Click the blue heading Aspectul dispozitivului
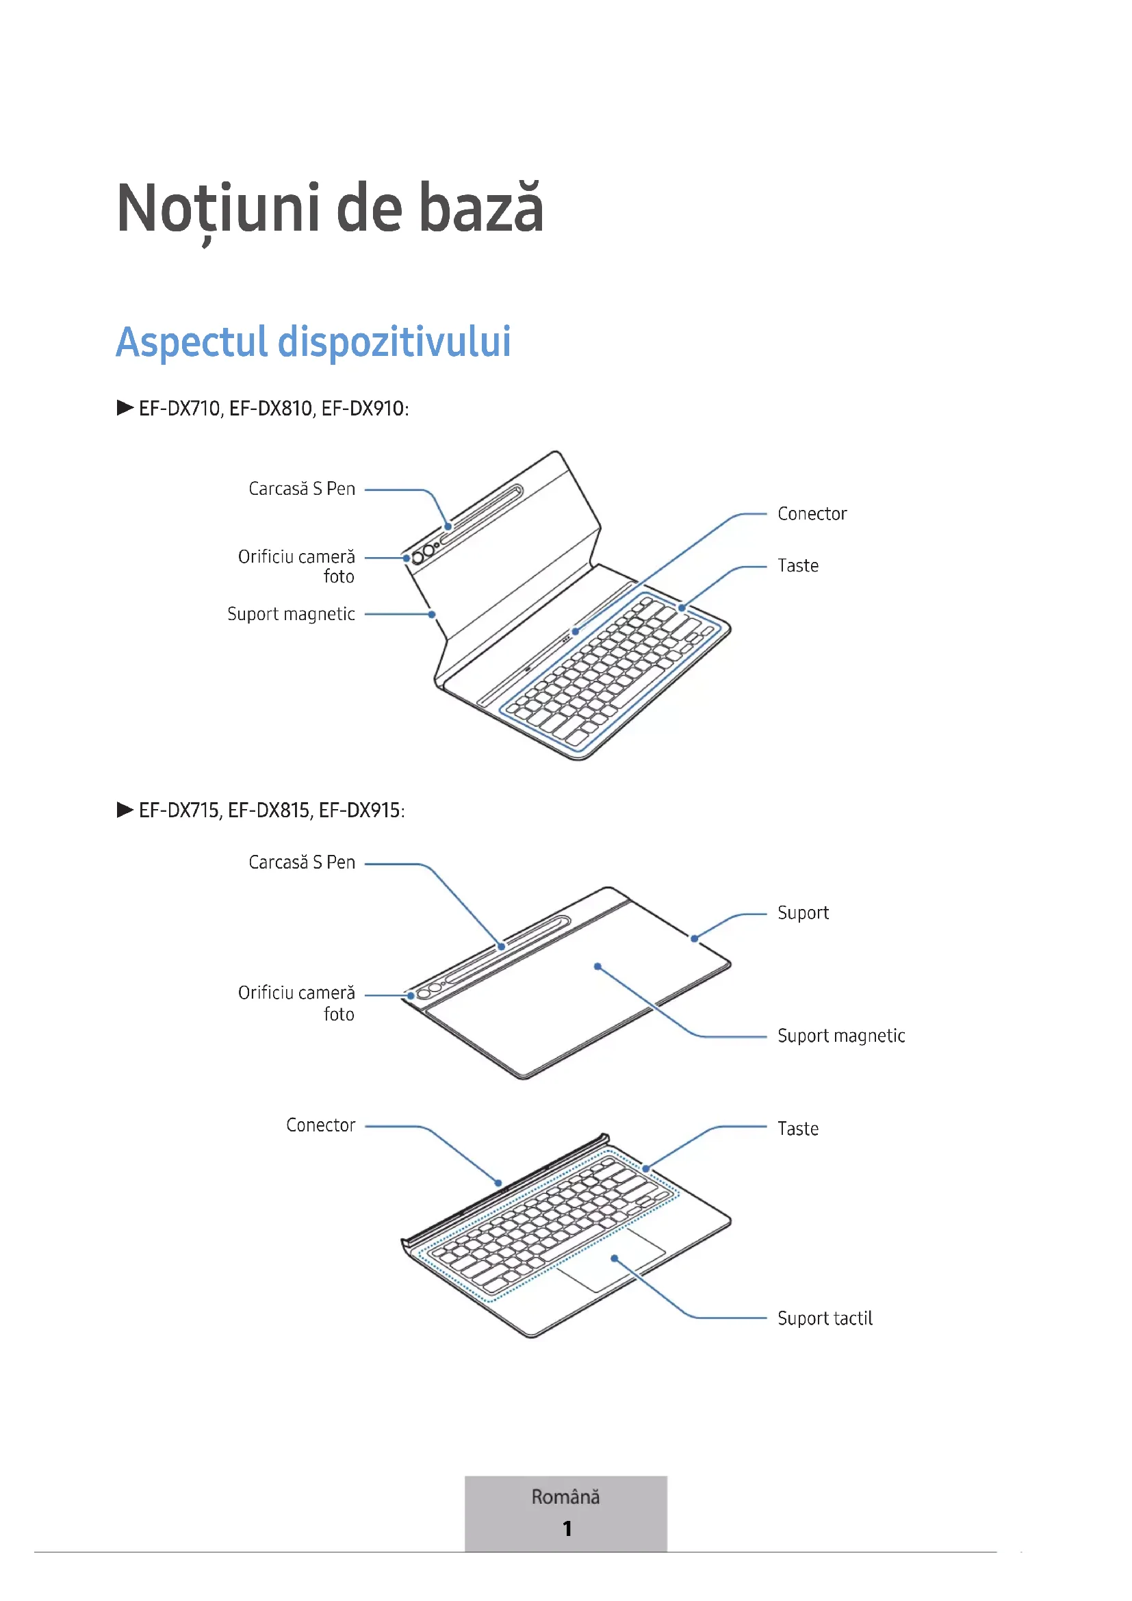click(313, 342)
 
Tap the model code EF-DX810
click(270, 408)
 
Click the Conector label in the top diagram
click(812, 514)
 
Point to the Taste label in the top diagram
click(798, 565)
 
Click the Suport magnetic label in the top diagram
click(291, 614)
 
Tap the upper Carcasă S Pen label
click(302, 489)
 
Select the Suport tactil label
click(825, 1318)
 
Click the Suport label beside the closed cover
click(803, 913)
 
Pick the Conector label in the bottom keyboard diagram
click(320, 1125)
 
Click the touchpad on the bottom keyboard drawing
click(611, 1264)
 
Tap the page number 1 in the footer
click(567, 1528)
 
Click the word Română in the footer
click(565, 1497)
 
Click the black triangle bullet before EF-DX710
click(125, 408)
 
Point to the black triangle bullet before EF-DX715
click(125, 810)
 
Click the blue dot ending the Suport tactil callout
click(615, 1259)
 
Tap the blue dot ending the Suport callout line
click(694, 938)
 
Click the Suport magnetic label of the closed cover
click(841, 1036)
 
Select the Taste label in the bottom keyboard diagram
click(798, 1129)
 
